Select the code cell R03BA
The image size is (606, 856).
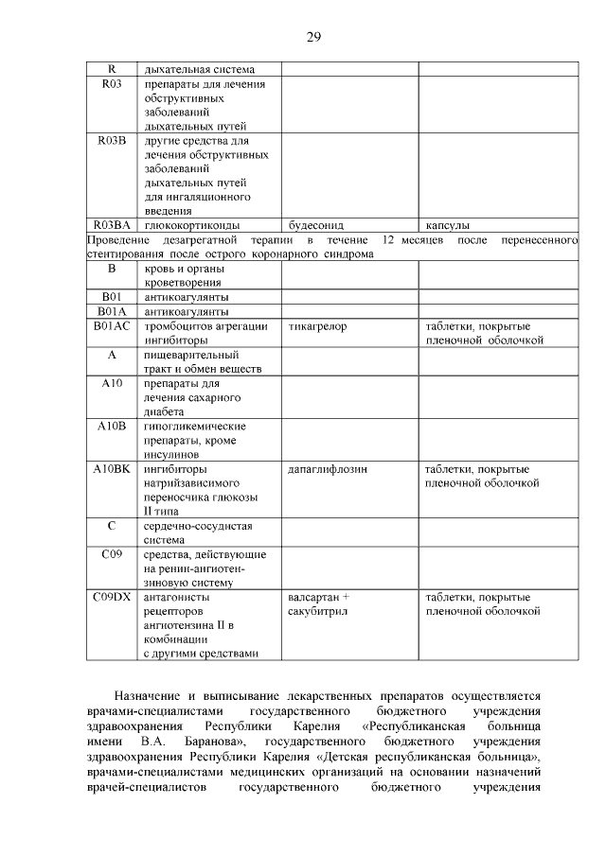pyautogui.click(x=112, y=225)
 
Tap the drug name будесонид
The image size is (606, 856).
pyautogui.click(x=315, y=226)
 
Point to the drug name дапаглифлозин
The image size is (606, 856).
pyautogui.click(x=328, y=469)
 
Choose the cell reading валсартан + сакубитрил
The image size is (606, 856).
pyautogui.click(x=318, y=604)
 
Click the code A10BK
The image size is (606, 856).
pyautogui.click(x=112, y=469)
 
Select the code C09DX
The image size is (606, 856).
pyautogui.click(x=112, y=598)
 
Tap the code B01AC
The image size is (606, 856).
pyautogui.click(x=112, y=326)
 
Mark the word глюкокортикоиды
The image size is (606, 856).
pyautogui.click(x=191, y=226)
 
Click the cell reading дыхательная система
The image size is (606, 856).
pyautogui.click(x=199, y=69)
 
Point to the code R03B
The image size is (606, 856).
pyautogui.click(x=112, y=141)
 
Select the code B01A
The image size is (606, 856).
pyautogui.click(x=112, y=311)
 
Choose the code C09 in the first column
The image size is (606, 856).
pyautogui.click(x=112, y=554)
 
